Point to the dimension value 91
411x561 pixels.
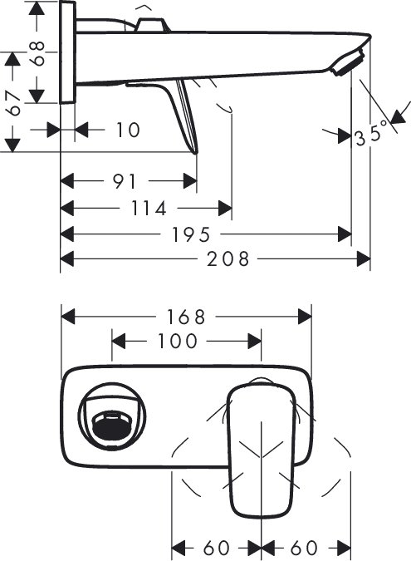(x=125, y=181)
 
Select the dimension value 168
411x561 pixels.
(x=186, y=317)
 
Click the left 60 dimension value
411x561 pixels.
(x=217, y=548)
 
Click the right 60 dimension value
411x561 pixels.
(x=305, y=548)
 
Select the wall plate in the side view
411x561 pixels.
(x=68, y=52)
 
